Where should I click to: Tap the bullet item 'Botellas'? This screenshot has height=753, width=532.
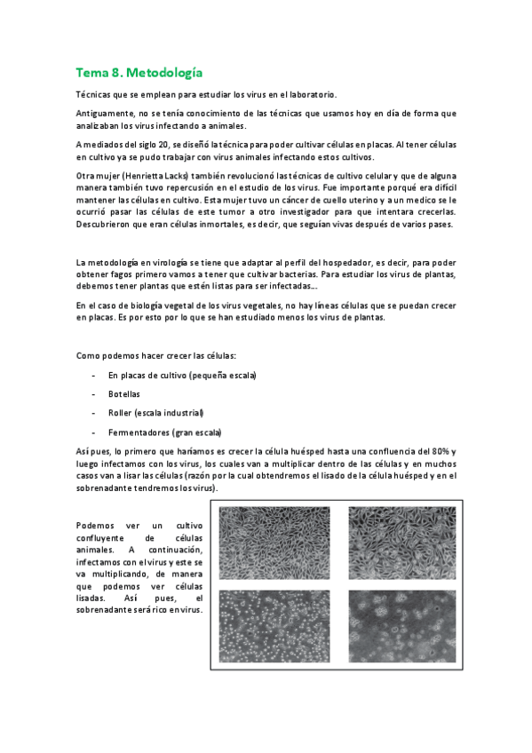[124, 393]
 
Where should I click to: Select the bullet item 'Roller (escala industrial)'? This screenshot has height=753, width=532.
[155, 412]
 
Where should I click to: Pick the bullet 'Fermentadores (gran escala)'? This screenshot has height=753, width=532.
[164, 432]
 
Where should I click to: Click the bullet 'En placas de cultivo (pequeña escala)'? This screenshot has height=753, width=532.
[181, 375]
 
